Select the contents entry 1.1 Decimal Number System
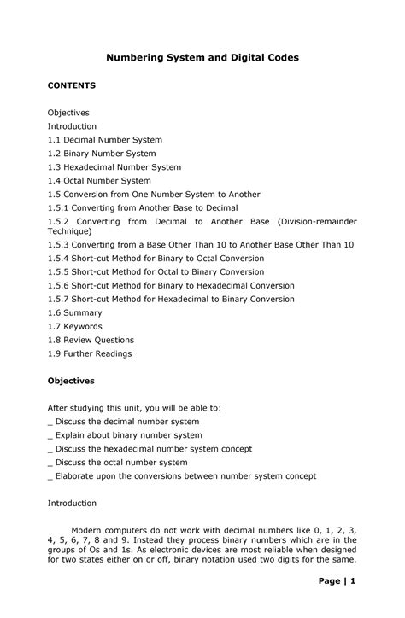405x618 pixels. coord(104,139)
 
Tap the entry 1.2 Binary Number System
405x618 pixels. coord(101,154)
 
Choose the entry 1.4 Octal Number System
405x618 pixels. coord(99,181)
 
